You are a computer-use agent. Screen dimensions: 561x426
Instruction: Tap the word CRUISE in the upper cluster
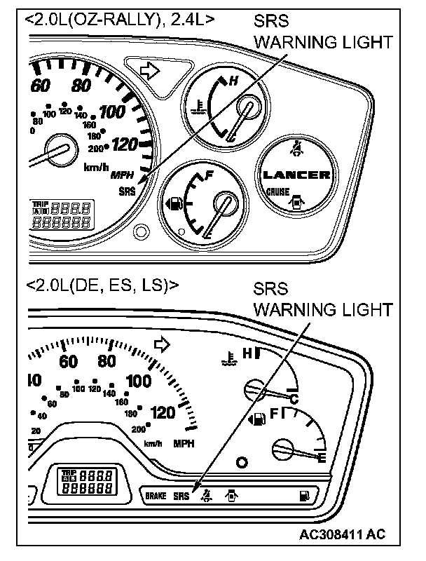click(x=278, y=191)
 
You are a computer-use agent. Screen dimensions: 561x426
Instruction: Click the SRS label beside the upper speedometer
click(x=128, y=190)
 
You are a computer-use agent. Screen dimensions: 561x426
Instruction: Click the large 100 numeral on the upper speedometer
click(x=111, y=112)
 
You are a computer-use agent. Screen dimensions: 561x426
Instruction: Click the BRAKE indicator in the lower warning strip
click(x=156, y=496)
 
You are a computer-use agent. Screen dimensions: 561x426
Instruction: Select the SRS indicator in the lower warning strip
click(x=182, y=496)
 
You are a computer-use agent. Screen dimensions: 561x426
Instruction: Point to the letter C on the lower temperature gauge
click(x=295, y=399)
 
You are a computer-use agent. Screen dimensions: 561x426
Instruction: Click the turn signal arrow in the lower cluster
click(x=163, y=344)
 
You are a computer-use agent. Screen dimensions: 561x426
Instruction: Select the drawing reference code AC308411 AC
click(x=342, y=534)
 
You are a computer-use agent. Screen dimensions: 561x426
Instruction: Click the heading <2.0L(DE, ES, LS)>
click(x=102, y=285)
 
